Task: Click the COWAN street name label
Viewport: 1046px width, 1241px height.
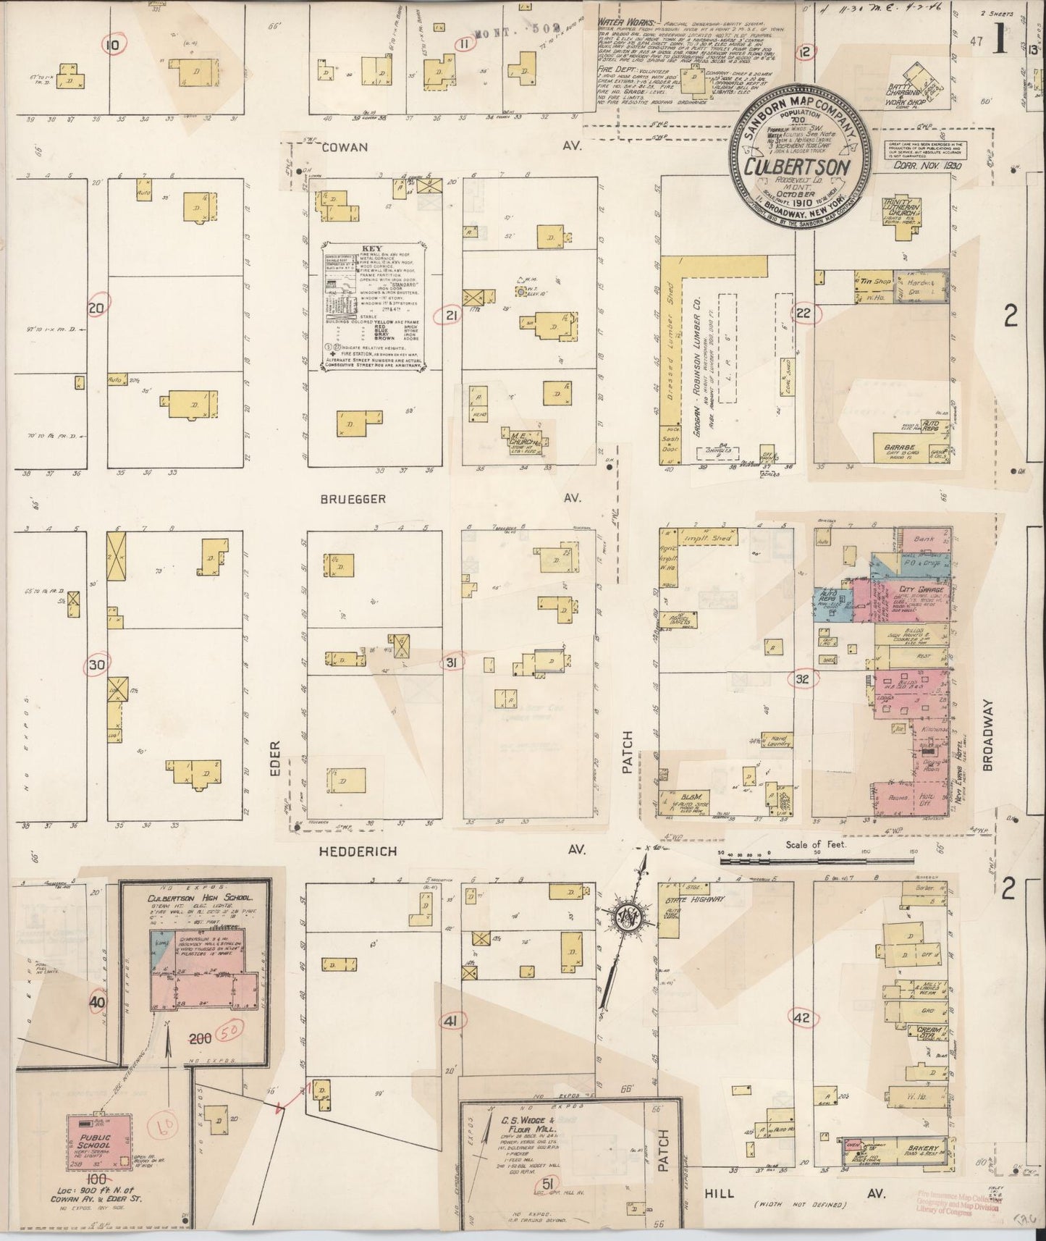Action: click(x=345, y=147)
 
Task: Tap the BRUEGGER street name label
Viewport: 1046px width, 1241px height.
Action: click(x=350, y=499)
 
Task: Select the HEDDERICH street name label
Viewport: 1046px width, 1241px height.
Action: click(x=358, y=852)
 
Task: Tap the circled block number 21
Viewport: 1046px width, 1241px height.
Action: click(x=452, y=315)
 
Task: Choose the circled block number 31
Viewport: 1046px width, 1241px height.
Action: click(x=452, y=664)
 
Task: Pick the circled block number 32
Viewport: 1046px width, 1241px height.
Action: click(x=802, y=678)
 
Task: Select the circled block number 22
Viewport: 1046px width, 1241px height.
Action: click(x=804, y=314)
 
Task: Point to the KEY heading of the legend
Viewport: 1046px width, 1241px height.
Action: click(x=371, y=247)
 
